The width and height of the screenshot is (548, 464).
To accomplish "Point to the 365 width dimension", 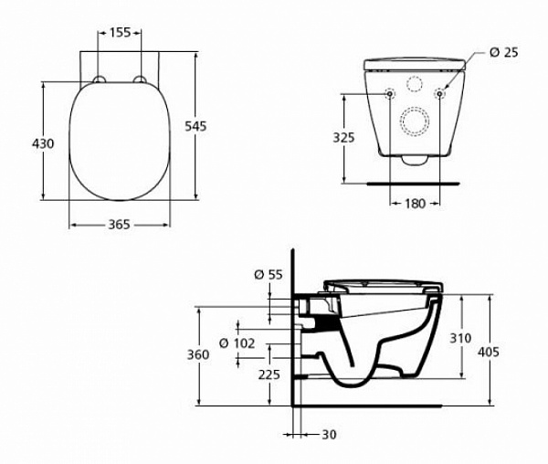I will pyautogui.click(x=121, y=224).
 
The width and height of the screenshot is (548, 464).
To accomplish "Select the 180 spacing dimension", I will pyautogui.click(x=415, y=204).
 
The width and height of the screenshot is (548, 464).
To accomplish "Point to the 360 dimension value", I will pyautogui.click(x=185, y=354).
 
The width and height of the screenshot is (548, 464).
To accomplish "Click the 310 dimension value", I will pyautogui.click(x=460, y=338).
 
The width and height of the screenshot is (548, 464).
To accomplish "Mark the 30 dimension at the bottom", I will pyautogui.click(x=329, y=434).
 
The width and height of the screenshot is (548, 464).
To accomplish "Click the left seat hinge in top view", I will pyautogui.click(x=100, y=79).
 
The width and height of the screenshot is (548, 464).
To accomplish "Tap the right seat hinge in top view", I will pyautogui.click(x=142, y=79).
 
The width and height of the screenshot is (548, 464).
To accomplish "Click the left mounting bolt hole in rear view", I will pyautogui.click(x=390, y=93).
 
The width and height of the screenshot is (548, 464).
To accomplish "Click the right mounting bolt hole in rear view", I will pyautogui.click(x=440, y=93).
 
